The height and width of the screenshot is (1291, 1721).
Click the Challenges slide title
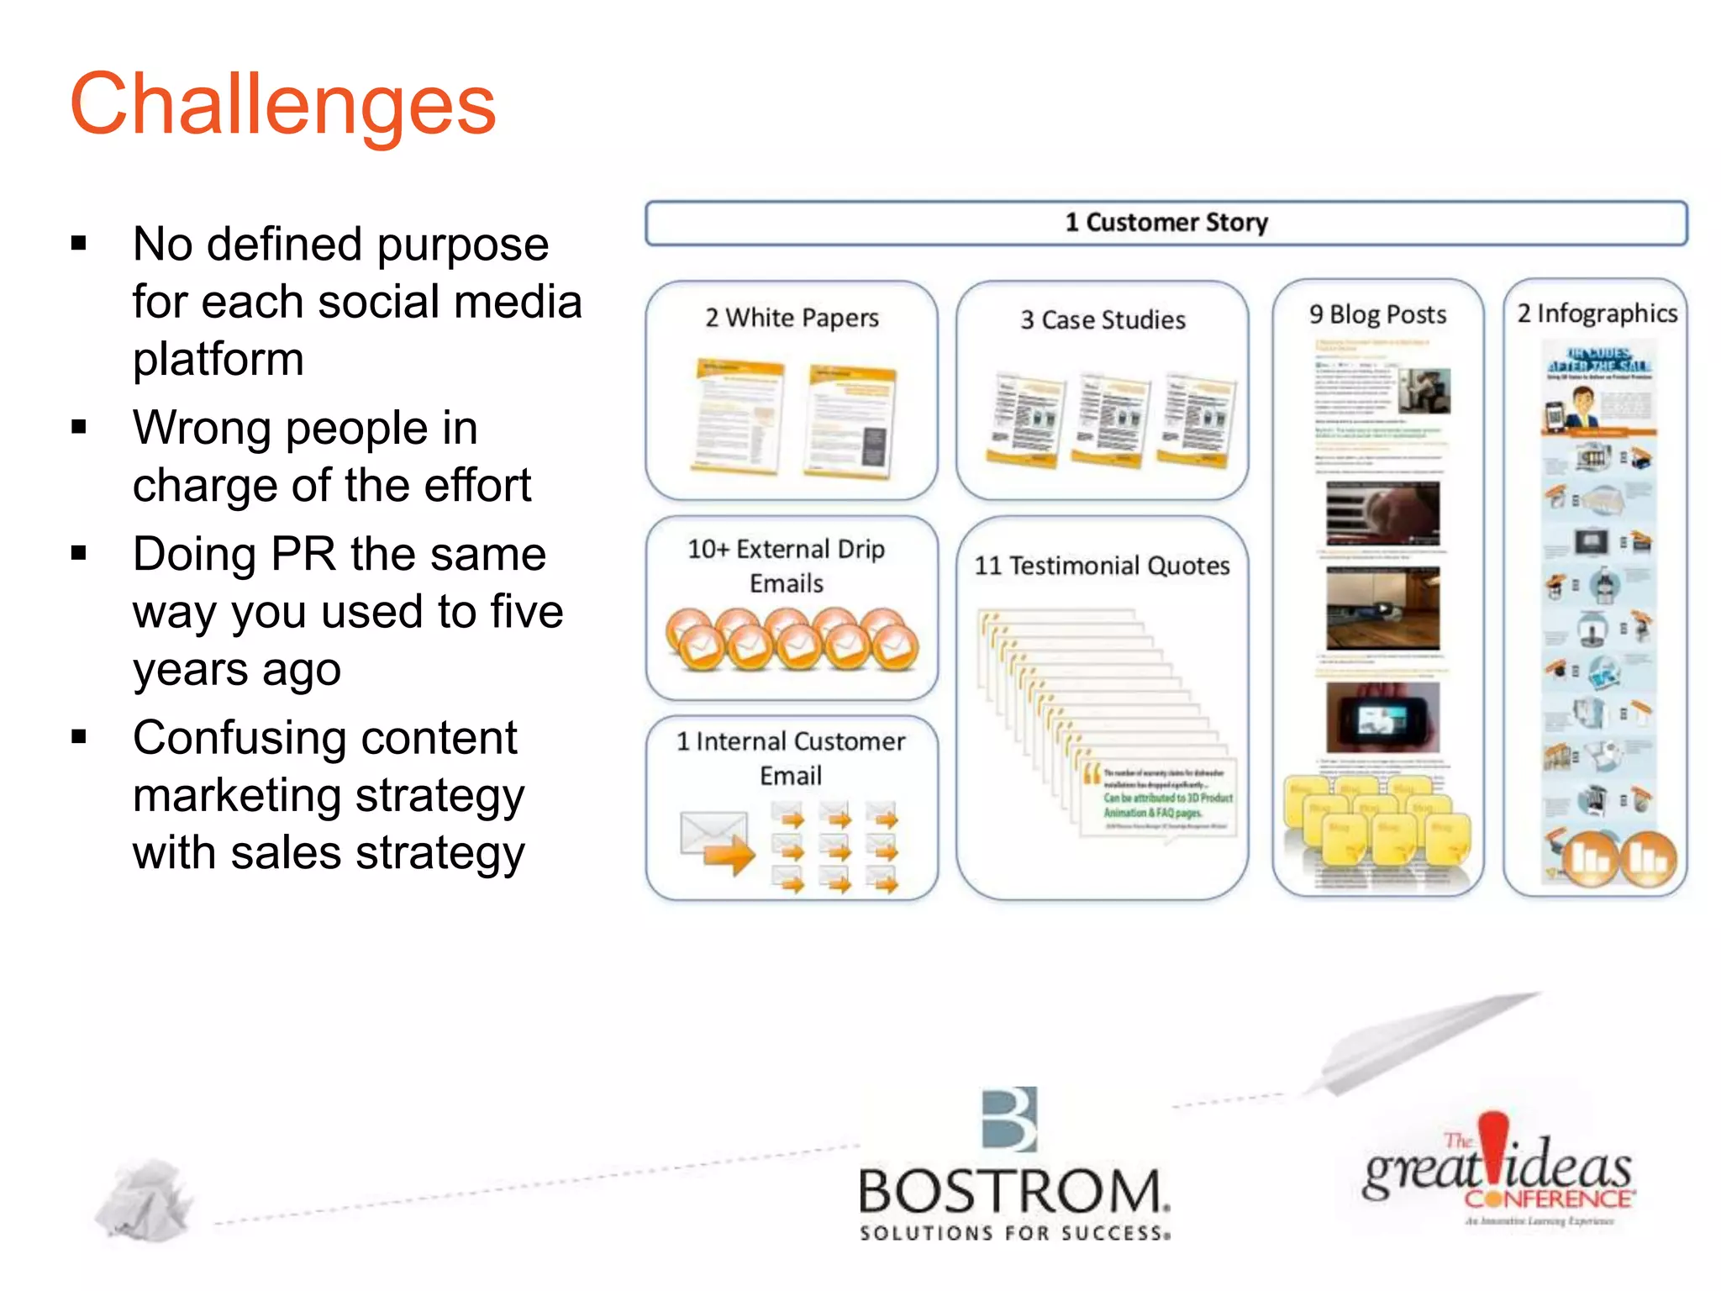283,104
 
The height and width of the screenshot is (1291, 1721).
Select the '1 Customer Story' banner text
1166,223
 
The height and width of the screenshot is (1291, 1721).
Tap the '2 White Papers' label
792,319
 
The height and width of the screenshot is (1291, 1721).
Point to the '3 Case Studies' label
1103,320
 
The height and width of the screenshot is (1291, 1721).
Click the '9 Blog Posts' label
1377,315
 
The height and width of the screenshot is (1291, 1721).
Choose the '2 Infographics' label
1597,314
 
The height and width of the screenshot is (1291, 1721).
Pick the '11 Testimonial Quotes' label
1102,566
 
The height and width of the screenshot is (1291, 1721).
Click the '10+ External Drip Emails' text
787,566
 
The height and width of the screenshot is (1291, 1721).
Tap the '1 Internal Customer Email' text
791,758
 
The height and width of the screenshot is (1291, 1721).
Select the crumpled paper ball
144,1201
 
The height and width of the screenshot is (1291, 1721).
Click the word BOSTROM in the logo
1012,1192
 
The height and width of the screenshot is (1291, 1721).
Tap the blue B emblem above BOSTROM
1010,1119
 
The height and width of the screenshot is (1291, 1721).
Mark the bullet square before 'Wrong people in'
80,428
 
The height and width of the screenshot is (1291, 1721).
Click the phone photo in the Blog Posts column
1382,717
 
